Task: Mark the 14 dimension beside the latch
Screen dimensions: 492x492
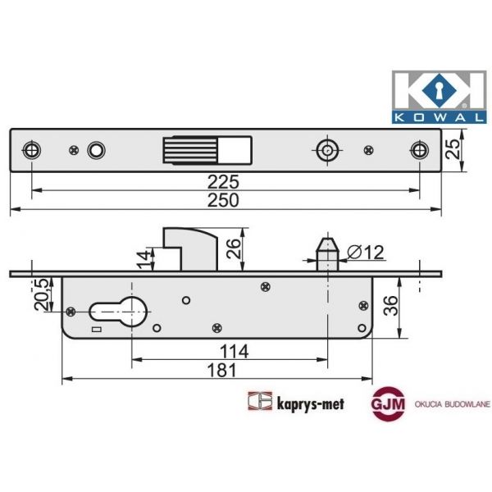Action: click(x=143, y=260)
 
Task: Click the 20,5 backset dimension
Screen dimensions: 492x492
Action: click(x=38, y=293)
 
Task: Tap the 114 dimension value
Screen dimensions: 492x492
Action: click(x=234, y=351)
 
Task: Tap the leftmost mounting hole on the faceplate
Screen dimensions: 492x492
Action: click(x=31, y=150)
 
